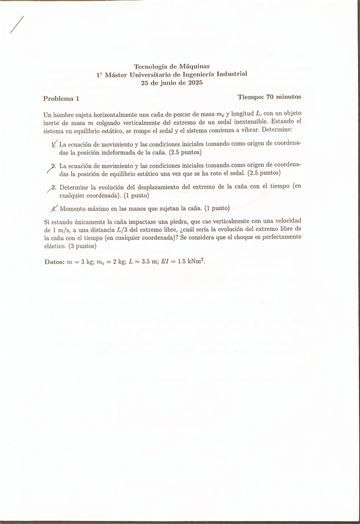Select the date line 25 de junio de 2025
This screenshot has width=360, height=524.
(x=172, y=82)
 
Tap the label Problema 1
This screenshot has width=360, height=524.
(x=61, y=98)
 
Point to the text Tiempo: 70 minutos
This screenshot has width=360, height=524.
(x=269, y=97)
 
